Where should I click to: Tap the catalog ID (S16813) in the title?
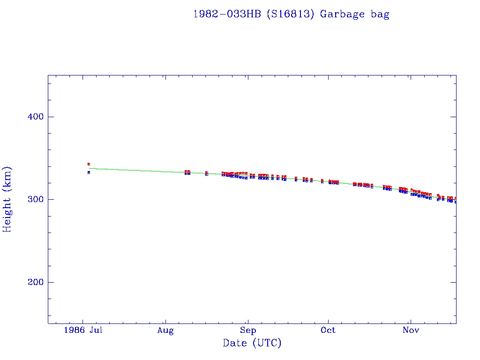(290, 14)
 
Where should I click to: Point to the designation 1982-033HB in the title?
(227, 14)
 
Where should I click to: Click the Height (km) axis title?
(7, 199)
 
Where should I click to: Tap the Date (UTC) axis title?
(252, 343)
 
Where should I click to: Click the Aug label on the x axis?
(165, 330)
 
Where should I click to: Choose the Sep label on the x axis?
(248, 330)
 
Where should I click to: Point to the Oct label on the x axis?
(328, 330)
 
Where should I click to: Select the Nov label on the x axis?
(411, 330)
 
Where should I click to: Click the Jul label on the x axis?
(96, 330)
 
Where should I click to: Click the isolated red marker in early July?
(89, 164)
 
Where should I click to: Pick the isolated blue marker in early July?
(89, 172)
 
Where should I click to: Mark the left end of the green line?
(89, 168)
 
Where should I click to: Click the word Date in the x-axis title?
(235, 343)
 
